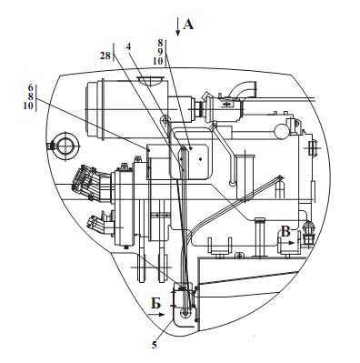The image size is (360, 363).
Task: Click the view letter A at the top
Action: [188, 24]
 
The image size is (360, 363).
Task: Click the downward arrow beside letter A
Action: [178, 27]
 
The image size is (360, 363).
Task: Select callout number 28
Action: [105, 55]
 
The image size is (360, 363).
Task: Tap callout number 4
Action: [129, 47]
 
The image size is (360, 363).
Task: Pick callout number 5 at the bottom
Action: [155, 345]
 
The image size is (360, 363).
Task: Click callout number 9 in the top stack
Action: [160, 52]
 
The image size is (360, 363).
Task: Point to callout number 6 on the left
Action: [30, 87]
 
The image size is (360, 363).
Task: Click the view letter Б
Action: [156, 304]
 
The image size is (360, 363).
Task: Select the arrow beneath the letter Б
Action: [156, 315]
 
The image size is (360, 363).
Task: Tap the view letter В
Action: [286, 232]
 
